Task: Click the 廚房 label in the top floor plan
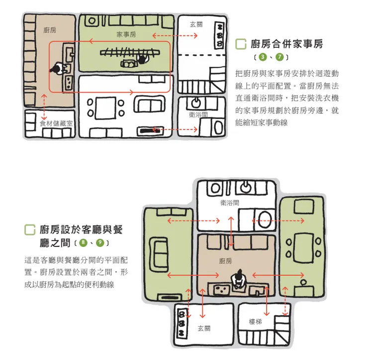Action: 49,30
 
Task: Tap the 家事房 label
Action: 126,34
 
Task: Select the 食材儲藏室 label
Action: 56,122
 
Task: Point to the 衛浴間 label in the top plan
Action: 198,114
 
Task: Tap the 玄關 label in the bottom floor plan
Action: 204,328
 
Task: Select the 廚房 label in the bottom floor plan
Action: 225,260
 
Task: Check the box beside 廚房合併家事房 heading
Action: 241,44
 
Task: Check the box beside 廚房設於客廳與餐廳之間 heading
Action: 30,230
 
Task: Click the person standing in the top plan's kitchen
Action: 59,68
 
